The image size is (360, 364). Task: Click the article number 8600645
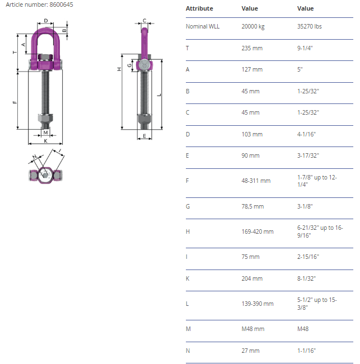pos(61,4)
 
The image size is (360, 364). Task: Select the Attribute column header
pos(199,8)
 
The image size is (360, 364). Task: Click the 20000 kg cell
pos(253,26)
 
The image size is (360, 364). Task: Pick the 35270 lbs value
pos(310,26)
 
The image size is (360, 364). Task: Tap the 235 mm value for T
pos(252,48)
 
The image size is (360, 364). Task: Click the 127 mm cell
pos(252,69)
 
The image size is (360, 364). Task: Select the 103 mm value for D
pos(252,134)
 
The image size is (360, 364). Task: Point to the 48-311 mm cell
pos(256,181)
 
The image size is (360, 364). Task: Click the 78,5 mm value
pos(253,206)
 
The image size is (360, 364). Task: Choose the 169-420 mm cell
pos(258,231)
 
